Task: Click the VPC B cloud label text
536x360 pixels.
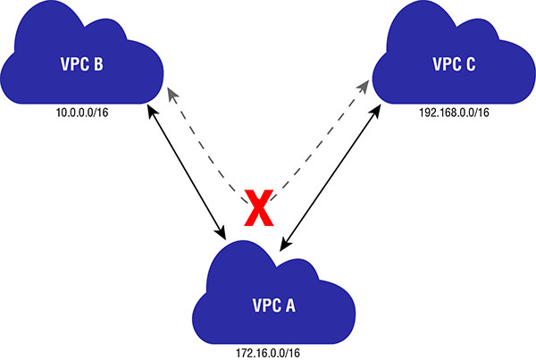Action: pos(80,64)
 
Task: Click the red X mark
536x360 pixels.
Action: pos(257,211)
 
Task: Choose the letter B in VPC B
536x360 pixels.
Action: pos(98,64)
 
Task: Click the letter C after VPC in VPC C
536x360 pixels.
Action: pos(470,64)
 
